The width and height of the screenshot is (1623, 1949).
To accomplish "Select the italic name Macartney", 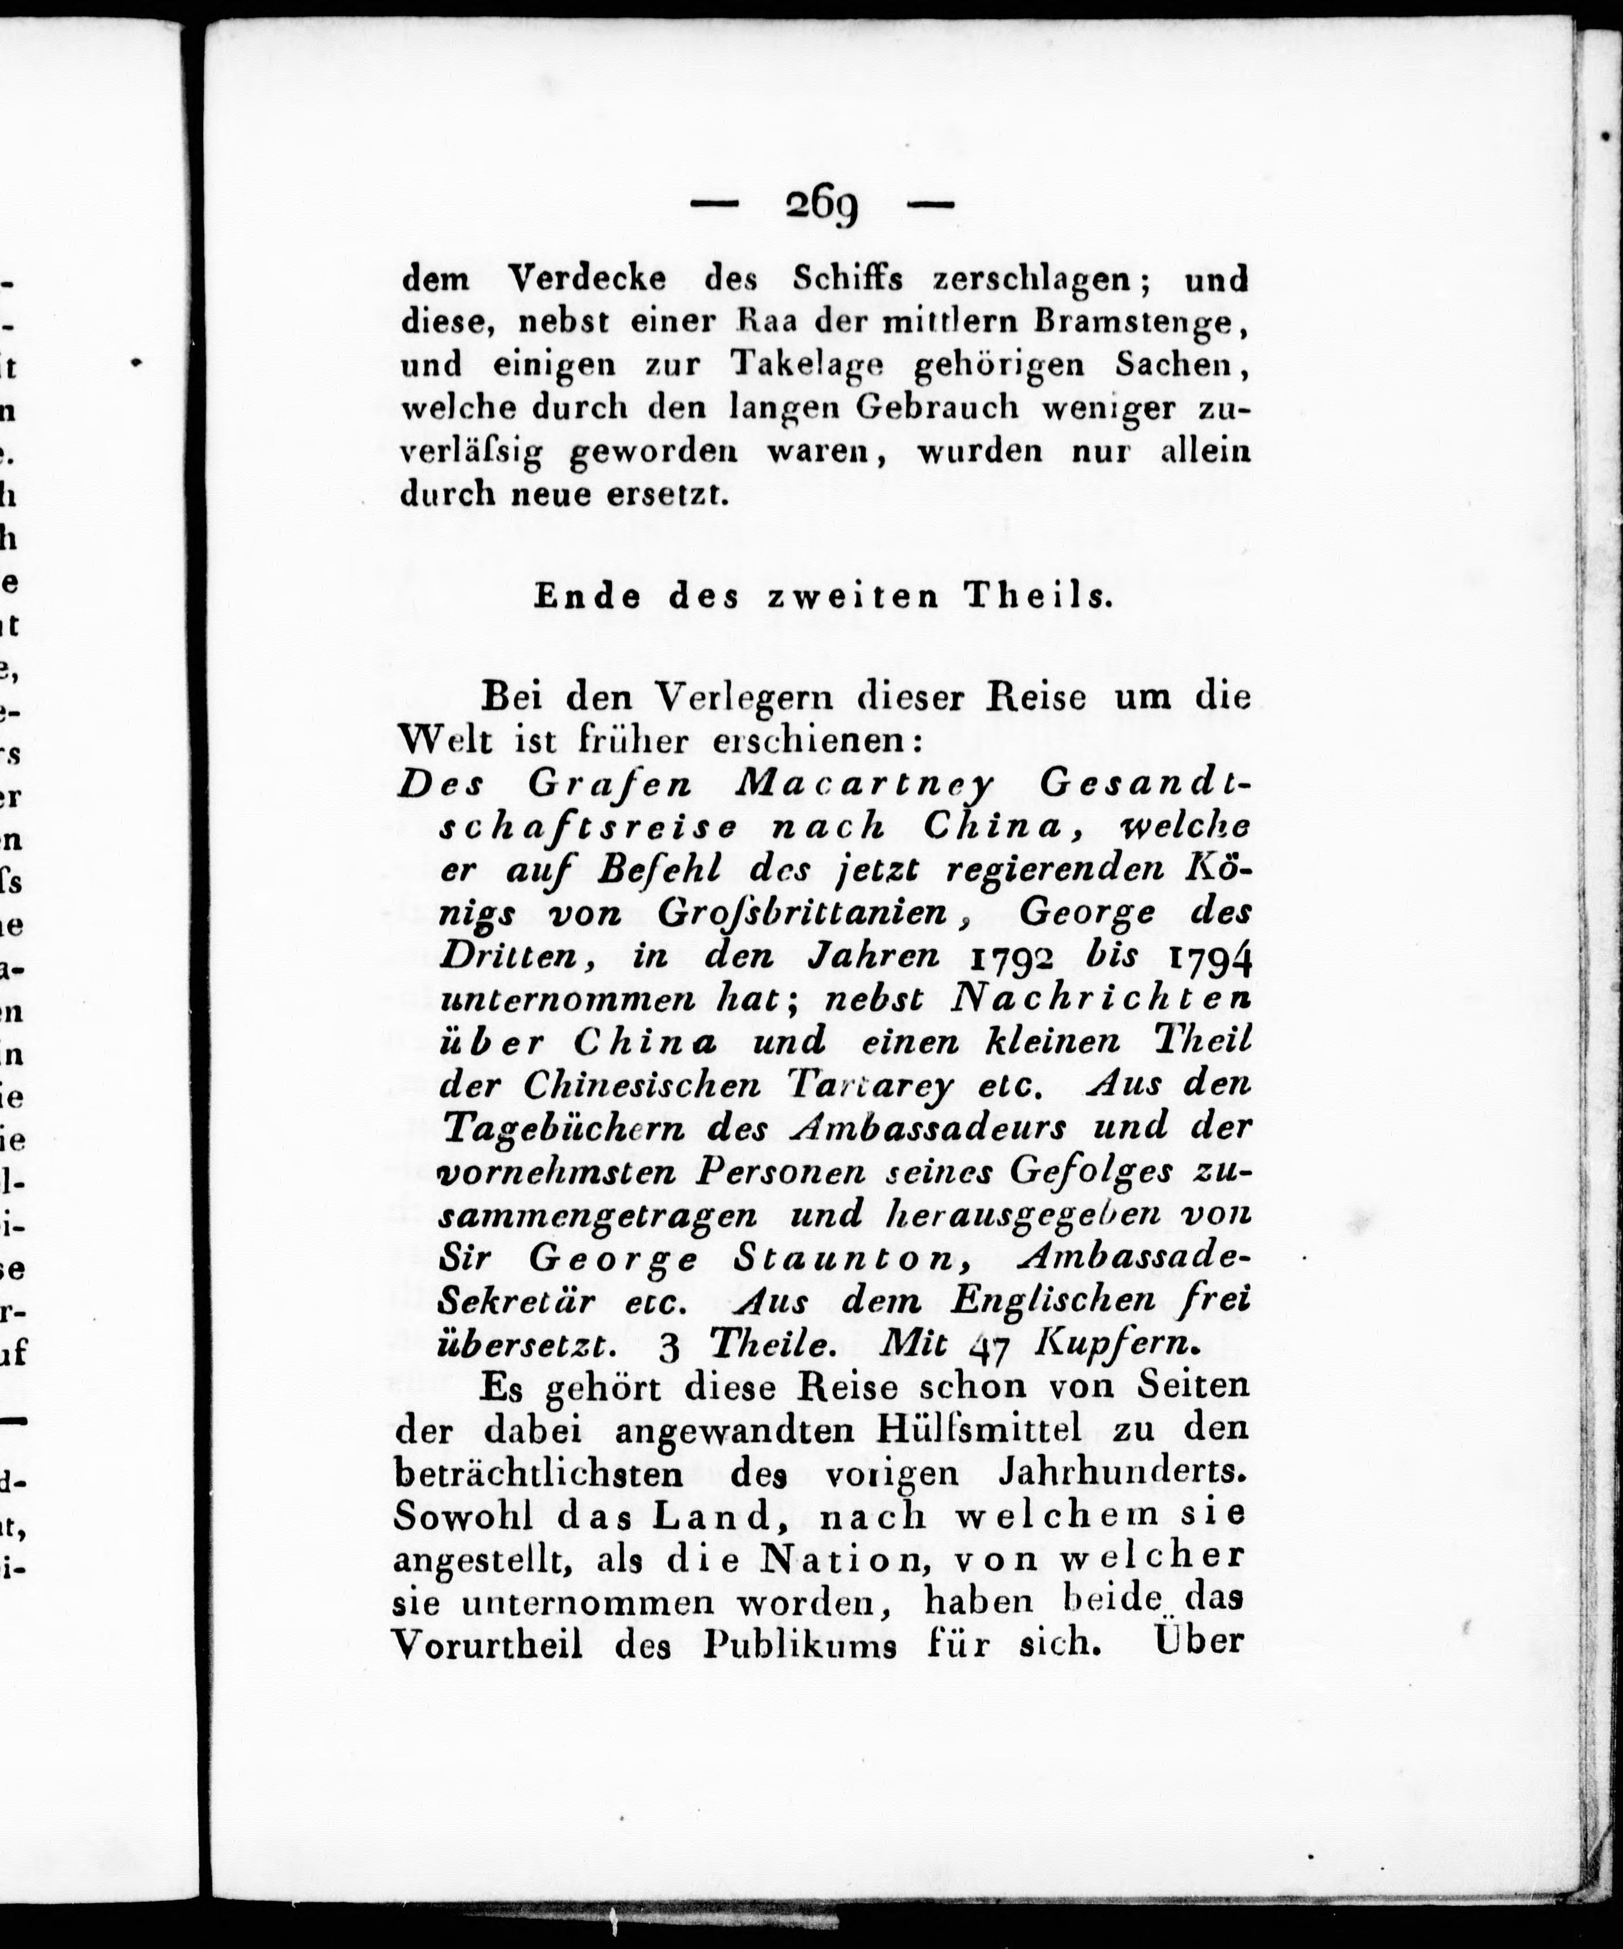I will click(862, 785).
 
